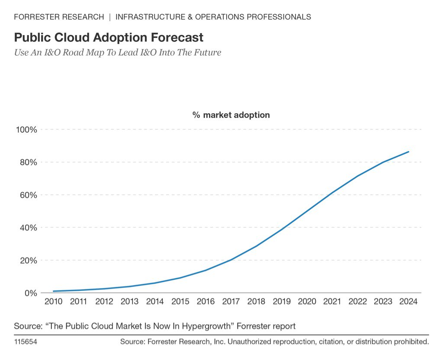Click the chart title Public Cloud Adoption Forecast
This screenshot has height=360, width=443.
[x=109, y=37]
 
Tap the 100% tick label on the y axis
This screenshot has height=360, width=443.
[x=26, y=130]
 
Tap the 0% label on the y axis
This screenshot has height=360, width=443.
[x=30, y=293]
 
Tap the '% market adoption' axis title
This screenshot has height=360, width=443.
[x=231, y=115]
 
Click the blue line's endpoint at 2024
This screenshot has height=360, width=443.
[x=408, y=152]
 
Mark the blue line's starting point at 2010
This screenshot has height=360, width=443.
[x=54, y=291]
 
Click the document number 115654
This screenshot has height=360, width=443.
[x=26, y=342]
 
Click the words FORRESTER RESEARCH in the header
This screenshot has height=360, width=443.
[x=59, y=17]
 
